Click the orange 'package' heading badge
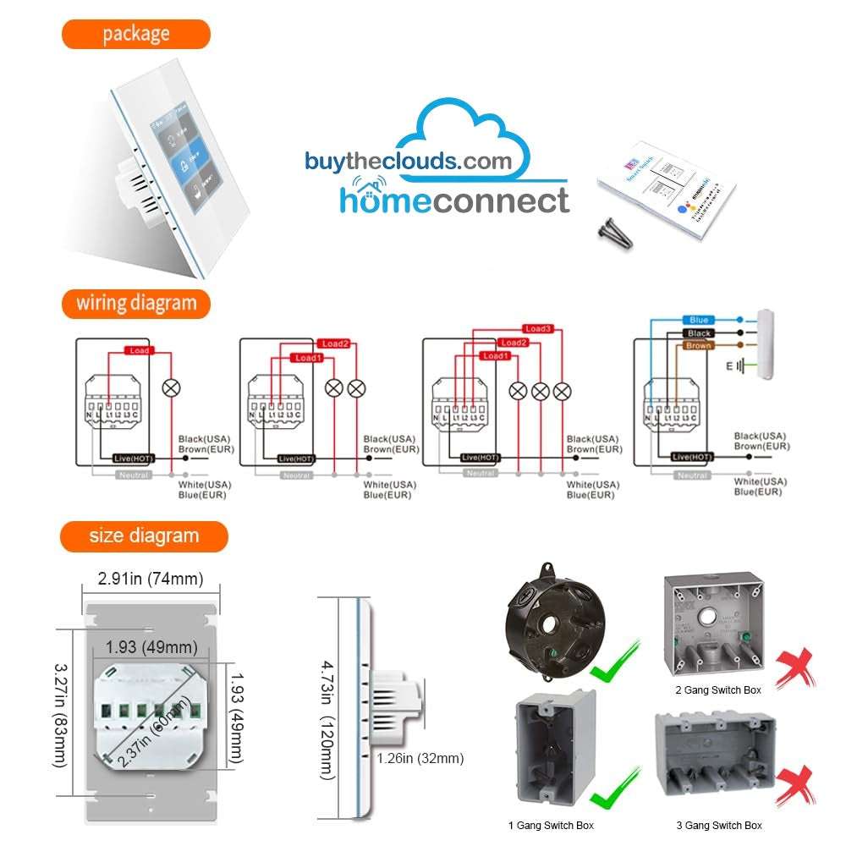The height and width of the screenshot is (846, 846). (x=135, y=34)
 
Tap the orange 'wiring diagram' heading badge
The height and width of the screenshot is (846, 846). (x=135, y=303)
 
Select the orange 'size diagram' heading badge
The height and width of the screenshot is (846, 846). (x=144, y=536)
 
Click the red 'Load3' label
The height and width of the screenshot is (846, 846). (x=537, y=328)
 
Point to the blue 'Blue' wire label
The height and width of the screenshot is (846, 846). (x=699, y=320)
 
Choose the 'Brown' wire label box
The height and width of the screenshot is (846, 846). (x=699, y=345)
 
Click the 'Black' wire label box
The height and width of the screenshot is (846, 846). (x=699, y=332)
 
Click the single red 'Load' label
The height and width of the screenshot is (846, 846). (x=138, y=349)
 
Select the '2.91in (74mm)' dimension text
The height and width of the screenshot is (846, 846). (x=151, y=580)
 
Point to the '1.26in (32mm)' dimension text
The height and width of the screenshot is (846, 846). (x=420, y=758)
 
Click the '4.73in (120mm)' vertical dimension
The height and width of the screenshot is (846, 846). (x=327, y=708)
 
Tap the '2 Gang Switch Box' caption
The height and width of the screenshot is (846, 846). (x=717, y=689)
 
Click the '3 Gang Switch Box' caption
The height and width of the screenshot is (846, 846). (x=719, y=825)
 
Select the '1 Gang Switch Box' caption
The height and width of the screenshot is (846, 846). (x=550, y=825)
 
